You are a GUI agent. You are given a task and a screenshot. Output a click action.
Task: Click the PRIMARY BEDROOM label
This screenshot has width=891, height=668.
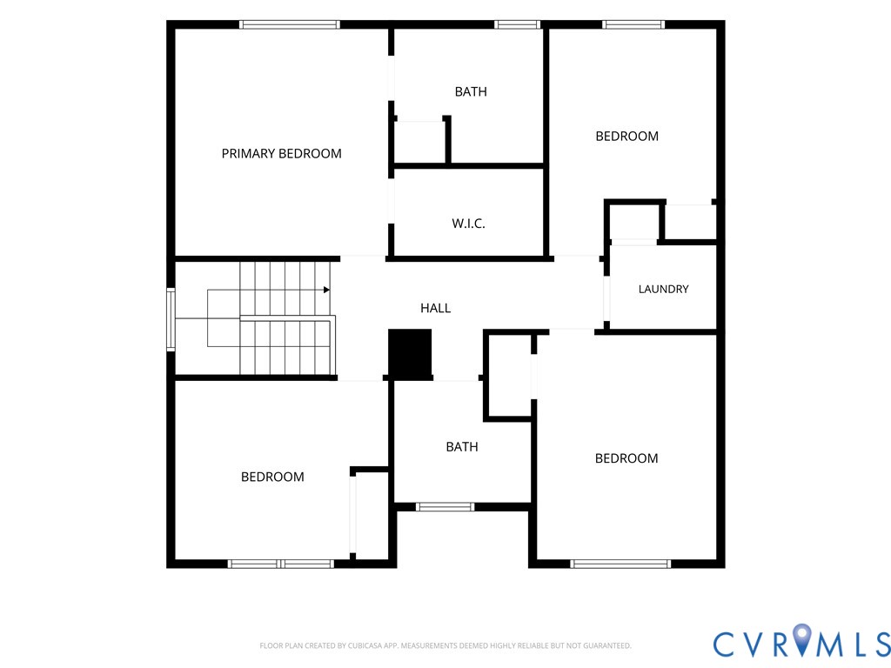281,153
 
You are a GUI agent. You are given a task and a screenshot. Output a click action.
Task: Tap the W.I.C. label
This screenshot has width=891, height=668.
468,224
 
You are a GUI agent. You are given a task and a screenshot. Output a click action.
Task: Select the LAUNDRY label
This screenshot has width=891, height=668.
663,289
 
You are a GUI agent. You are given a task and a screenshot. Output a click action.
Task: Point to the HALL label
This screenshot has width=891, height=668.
435,308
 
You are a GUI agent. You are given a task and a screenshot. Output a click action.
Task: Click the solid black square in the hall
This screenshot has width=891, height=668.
410,353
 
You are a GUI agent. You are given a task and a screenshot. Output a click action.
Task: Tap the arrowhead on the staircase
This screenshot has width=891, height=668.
326,290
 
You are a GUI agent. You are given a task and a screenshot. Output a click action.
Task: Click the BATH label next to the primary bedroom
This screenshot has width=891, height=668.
471,91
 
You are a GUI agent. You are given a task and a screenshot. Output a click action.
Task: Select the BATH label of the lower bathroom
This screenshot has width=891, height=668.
462,447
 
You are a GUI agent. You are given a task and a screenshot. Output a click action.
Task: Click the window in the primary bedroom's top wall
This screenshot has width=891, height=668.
289,24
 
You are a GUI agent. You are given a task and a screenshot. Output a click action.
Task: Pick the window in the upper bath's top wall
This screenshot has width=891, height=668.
517,24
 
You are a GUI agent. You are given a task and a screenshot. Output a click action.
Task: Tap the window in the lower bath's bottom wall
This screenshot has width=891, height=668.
445,507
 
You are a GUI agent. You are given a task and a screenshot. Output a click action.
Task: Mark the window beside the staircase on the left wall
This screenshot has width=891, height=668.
171,319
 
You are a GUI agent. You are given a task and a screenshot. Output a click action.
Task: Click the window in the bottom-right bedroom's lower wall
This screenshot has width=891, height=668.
620,564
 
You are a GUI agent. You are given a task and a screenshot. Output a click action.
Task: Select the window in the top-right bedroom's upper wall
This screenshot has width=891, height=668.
633,24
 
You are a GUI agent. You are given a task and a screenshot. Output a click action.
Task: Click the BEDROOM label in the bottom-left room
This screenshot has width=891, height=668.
272,477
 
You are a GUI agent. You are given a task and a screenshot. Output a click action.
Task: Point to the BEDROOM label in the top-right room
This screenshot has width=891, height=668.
626,137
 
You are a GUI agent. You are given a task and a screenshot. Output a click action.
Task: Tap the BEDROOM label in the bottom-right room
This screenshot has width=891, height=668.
626,458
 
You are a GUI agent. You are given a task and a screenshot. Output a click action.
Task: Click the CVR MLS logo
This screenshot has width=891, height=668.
801,642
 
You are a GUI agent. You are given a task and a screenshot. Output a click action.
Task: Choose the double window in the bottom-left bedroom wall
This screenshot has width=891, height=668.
281,564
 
